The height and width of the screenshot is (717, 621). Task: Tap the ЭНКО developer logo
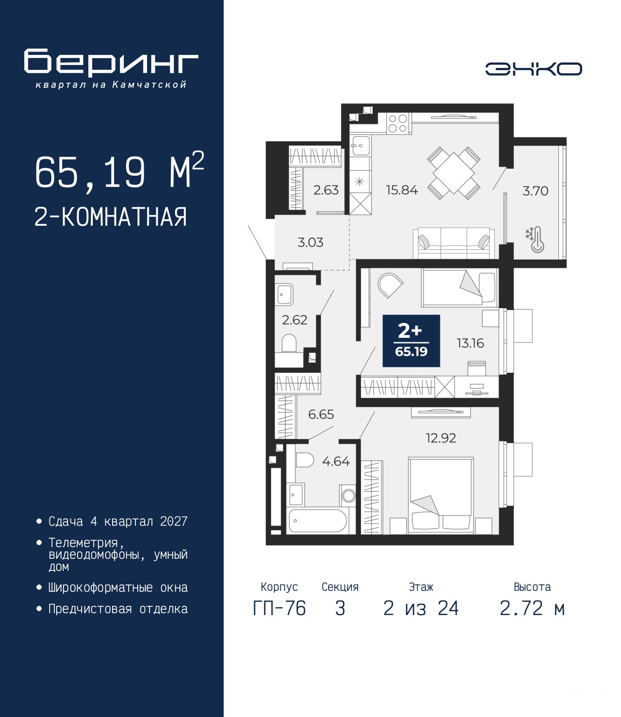533,68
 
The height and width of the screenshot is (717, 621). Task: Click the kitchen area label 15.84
402,190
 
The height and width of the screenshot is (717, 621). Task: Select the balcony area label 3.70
535,191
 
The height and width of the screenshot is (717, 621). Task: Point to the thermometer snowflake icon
535,239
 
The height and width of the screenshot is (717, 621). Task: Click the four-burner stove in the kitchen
398,123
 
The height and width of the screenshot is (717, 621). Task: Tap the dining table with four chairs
454,173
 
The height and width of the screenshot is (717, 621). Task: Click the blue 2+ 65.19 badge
411,341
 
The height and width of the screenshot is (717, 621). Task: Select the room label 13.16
470,343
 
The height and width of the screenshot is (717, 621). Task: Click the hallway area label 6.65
321,415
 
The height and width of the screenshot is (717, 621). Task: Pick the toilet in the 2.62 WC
289,343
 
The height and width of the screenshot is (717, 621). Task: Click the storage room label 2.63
326,190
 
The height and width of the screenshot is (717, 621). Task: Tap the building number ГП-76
279,609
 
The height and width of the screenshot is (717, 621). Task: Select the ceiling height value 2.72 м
532,609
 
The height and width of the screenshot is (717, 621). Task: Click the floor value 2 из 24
421,609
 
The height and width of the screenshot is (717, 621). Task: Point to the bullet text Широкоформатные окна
118,587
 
